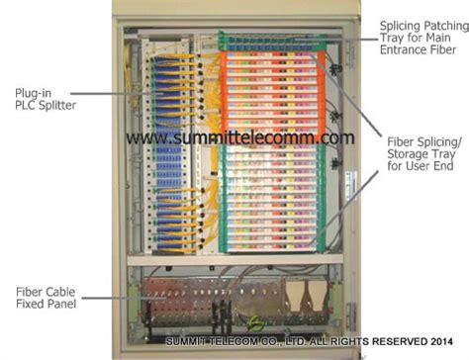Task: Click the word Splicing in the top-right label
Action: tap(400, 27)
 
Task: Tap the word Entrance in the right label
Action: tap(402, 49)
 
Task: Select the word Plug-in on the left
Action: tap(34, 94)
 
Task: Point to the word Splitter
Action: tap(57, 106)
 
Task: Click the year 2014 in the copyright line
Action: tap(441, 341)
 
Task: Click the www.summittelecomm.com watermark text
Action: tap(240, 137)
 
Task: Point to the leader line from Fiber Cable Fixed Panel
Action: tap(123, 298)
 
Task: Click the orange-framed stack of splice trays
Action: tap(272, 93)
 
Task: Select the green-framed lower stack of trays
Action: tap(272, 197)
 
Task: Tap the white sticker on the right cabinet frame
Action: tap(351, 186)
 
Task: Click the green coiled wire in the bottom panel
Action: tap(256, 323)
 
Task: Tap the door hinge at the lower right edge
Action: tap(351, 316)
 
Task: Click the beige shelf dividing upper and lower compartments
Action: tap(234, 260)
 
